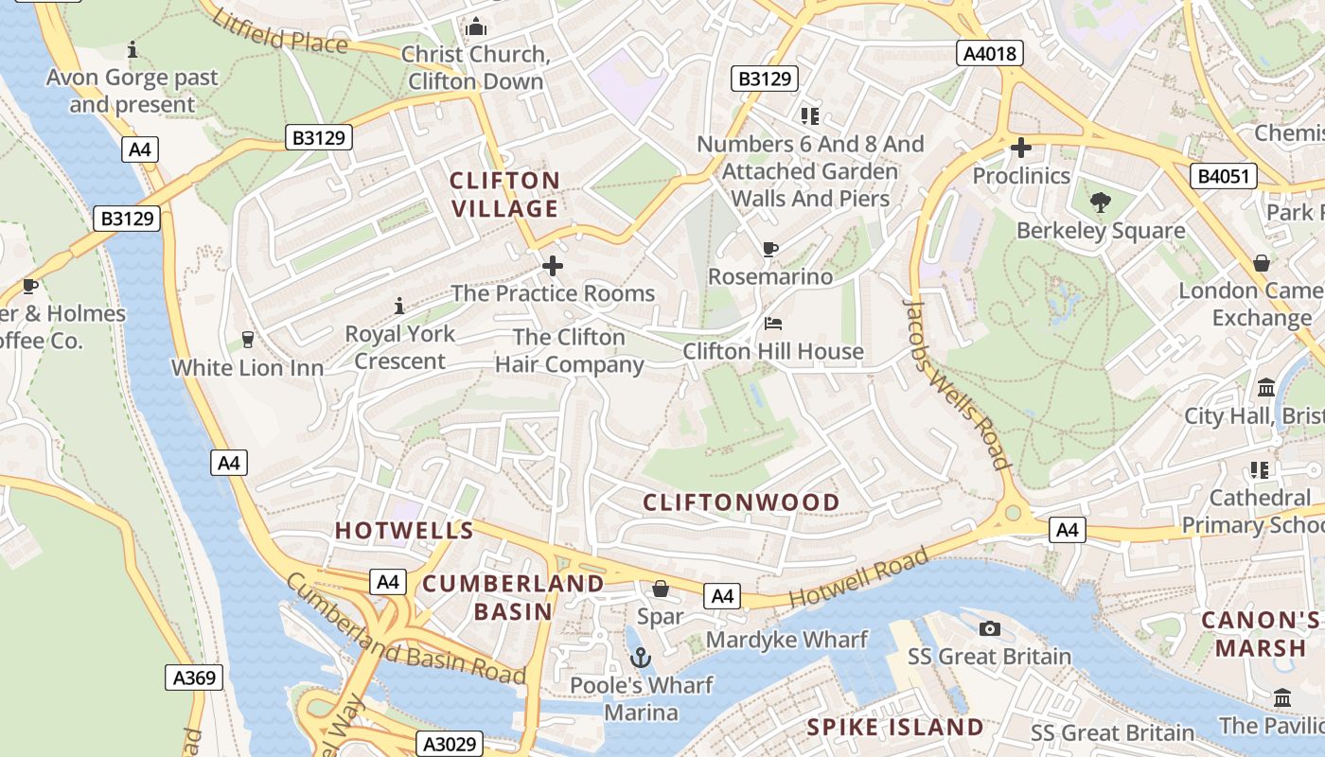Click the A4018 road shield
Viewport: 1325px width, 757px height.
pos(991,53)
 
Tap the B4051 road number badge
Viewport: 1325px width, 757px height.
pos(1224,175)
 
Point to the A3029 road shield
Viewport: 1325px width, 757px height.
pos(450,744)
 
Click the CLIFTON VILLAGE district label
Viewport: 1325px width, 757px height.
pos(504,194)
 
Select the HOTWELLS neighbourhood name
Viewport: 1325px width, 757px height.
pos(404,530)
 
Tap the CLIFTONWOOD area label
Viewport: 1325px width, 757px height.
pos(741,502)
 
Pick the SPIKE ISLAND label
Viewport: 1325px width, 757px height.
pos(894,727)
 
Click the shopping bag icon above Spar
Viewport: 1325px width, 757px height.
pos(661,590)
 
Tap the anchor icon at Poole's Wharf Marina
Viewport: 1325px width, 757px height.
pos(641,656)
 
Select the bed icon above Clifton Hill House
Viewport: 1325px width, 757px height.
pos(773,324)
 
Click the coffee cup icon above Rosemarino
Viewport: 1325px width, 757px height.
pos(770,250)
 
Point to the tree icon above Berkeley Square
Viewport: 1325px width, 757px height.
pos(1100,202)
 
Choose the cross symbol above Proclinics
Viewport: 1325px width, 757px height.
pos(1021,148)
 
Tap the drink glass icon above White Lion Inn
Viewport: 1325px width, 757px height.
pos(248,340)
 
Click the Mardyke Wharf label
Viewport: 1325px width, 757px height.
pos(786,640)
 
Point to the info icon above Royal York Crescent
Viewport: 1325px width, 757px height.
pos(399,306)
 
